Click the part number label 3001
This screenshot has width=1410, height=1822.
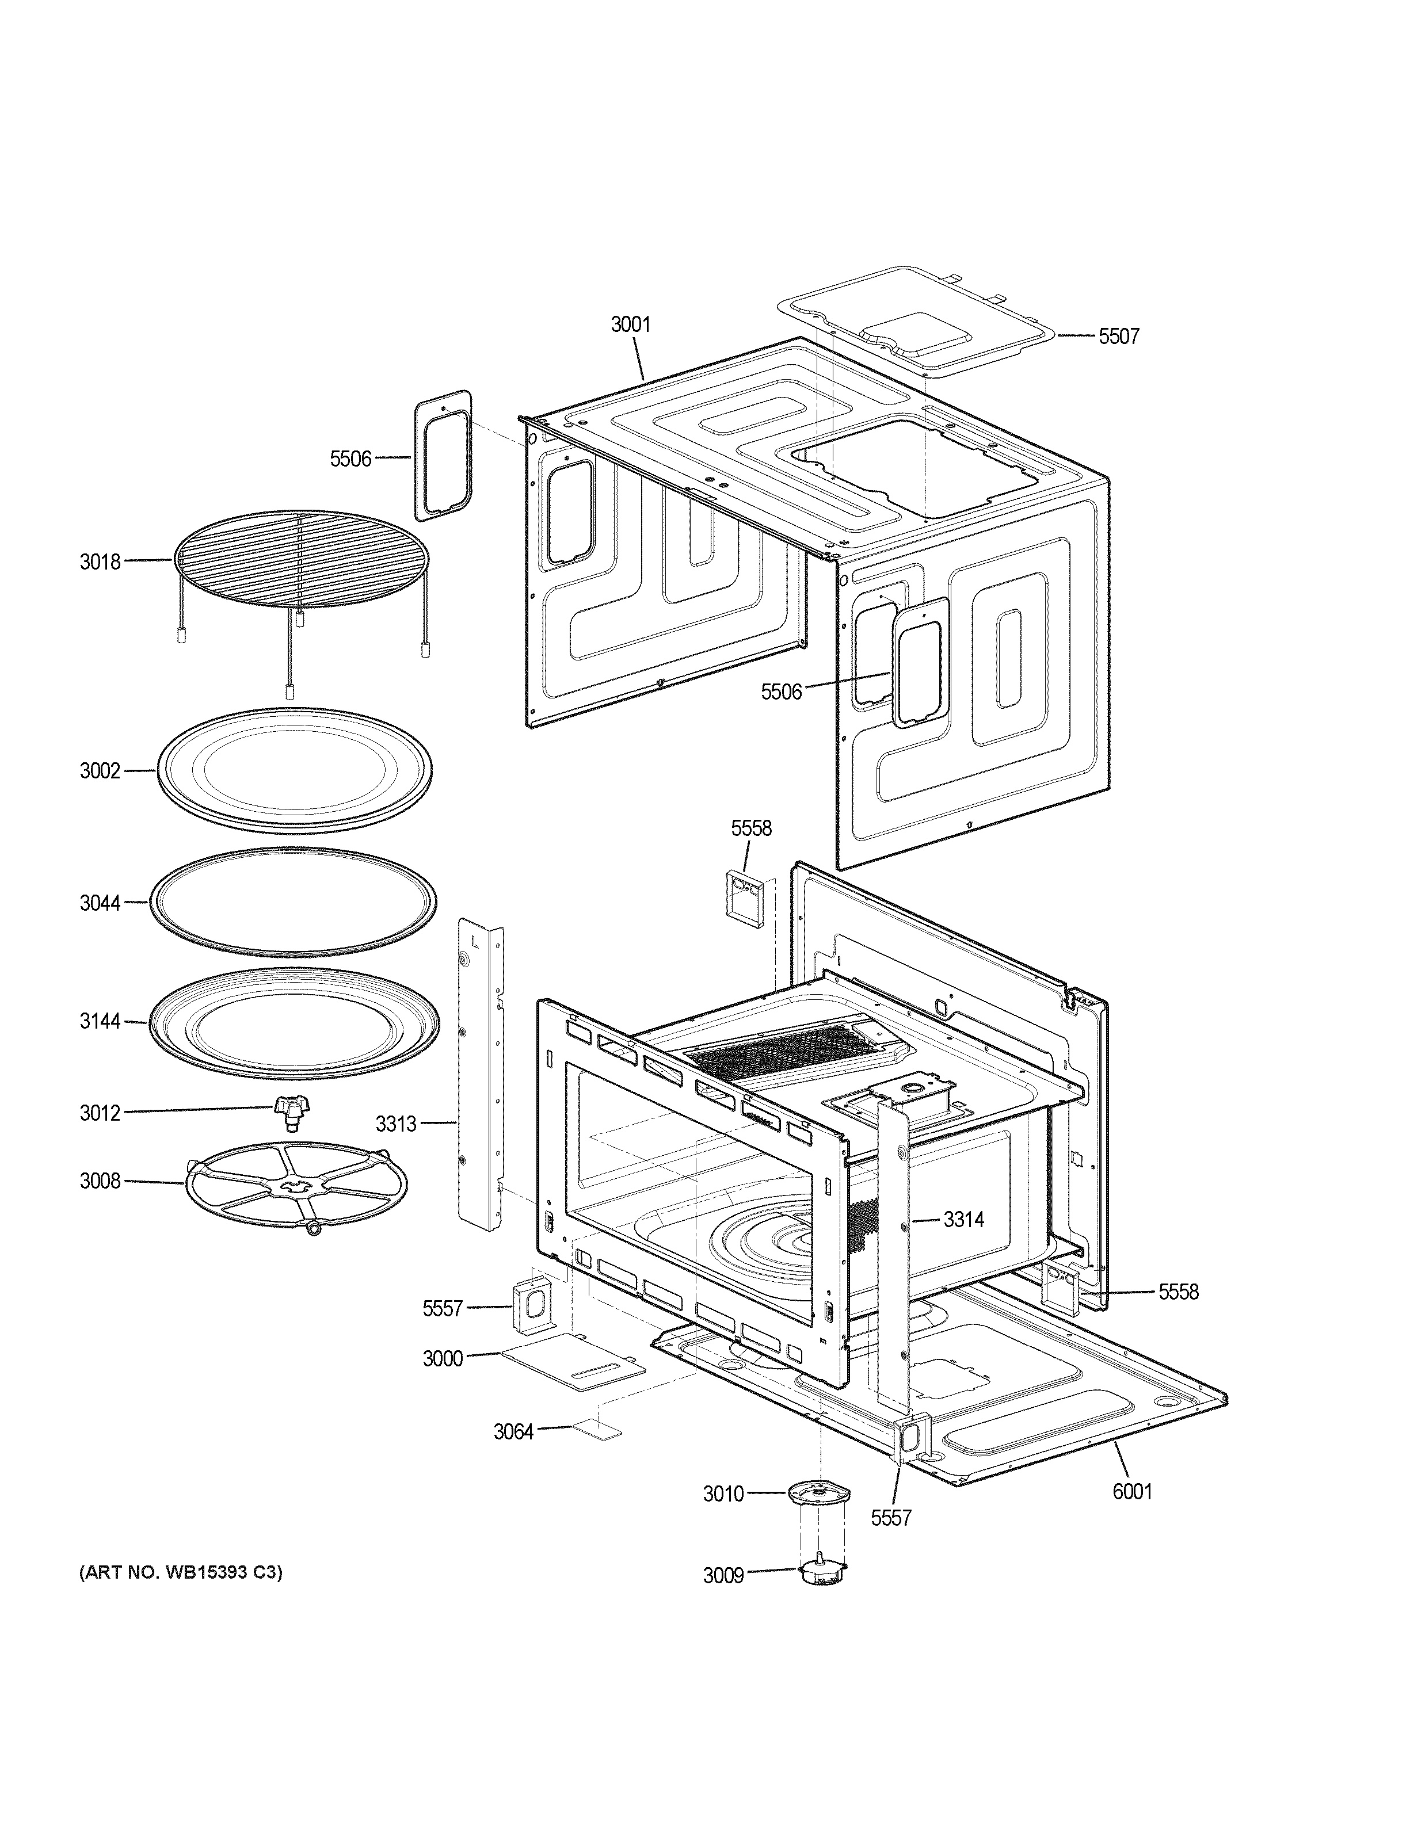tap(630, 324)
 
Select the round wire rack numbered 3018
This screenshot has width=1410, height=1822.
tap(300, 557)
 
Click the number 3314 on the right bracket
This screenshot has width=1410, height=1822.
tap(963, 1220)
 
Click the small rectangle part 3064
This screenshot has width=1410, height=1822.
tap(597, 1431)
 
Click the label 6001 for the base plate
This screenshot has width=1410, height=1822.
tap(1131, 1491)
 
